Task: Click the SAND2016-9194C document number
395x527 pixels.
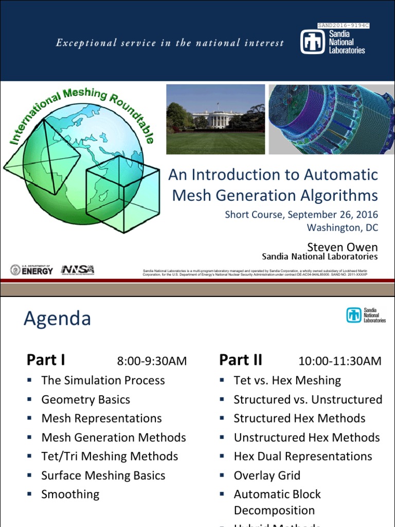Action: pyautogui.click(x=344, y=25)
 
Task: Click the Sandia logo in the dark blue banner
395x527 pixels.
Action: pyautogui.click(x=333, y=42)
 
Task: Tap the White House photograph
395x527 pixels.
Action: pyautogui.click(x=216, y=119)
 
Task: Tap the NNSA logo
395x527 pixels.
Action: pyautogui.click(x=77, y=270)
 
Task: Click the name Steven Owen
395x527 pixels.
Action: pyautogui.click(x=342, y=247)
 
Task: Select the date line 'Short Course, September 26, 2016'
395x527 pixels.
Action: pyautogui.click(x=301, y=214)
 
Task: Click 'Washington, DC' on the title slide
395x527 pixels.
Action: pyautogui.click(x=342, y=227)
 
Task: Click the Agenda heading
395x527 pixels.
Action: pyautogui.click(x=57, y=319)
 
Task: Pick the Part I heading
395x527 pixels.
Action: pyautogui.click(x=46, y=360)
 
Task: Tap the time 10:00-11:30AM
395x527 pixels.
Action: pyautogui.click(x=339, y=361)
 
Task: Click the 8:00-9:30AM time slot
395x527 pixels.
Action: pyautogui.click(x=152, y=361)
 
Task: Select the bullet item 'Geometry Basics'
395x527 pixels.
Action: pyautogui.click(x=85, y=399)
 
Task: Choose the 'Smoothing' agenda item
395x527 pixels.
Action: pyautogui.click(x=70, y=494)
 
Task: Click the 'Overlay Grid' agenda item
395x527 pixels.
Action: pyautogui.click(x=266, y=475)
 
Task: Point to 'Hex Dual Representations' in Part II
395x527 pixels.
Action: pyautogui.click(x=302, y=456)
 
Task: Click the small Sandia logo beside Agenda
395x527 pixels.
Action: pyautogui.click(x=366, y=314)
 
